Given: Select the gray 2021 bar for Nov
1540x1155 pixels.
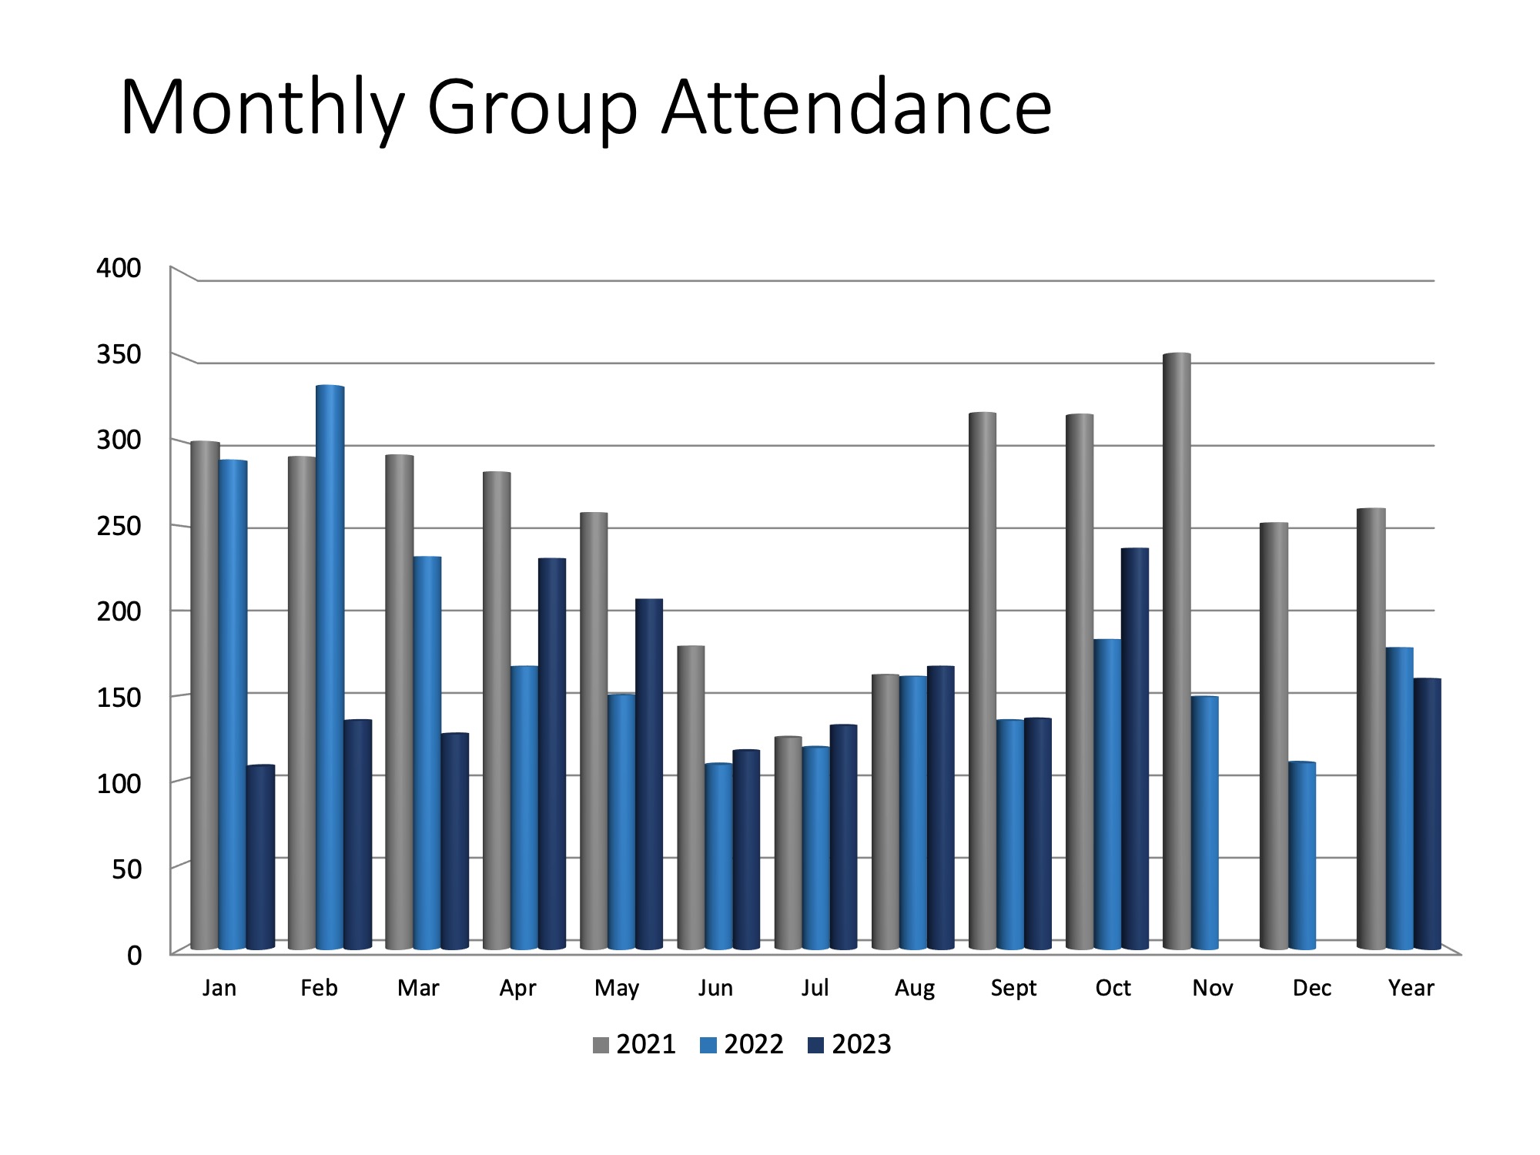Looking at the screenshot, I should (1177, 651).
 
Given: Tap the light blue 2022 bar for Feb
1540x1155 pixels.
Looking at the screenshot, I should (330, 667).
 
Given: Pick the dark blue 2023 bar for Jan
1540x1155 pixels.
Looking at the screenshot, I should (260, 856).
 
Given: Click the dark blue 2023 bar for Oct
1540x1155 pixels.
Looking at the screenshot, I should (1135, 748).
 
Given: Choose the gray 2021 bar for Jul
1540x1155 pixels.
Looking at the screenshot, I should (788, 842).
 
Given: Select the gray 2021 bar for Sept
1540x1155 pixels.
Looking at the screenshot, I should (983, 681).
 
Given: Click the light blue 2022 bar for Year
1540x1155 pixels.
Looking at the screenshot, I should (1400, 798).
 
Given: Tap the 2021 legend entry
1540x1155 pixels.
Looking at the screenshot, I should (635, 1045).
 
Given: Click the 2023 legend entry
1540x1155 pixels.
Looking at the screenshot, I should (850, 1045).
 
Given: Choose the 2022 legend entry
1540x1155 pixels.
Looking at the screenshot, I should (742, 1045).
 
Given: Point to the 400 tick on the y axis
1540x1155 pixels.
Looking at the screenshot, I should (119, 268).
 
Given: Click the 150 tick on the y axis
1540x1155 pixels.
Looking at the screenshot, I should (119, 698).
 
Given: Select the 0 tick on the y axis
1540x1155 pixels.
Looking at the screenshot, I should (135, 956).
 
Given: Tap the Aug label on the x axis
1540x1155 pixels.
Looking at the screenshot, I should (915, 988).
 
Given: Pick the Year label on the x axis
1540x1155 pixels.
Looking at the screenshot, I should (1411, 988).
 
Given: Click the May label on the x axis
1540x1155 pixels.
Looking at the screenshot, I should (617, 988).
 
